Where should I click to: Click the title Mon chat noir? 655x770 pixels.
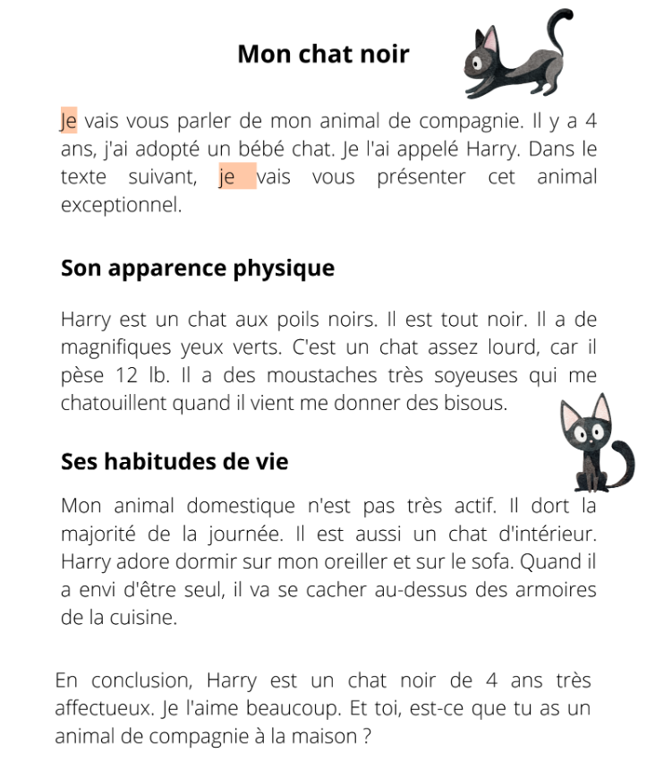[323, 55]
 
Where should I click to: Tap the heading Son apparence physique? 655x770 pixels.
[197, 268]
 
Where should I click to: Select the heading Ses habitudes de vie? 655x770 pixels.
[174, 462]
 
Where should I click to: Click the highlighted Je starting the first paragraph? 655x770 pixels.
[69, 122]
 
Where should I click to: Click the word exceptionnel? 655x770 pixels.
[121, 205]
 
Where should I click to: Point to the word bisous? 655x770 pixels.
[480, 403]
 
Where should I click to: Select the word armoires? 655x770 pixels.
[553, 590]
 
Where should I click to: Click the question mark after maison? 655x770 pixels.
[366, 738]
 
